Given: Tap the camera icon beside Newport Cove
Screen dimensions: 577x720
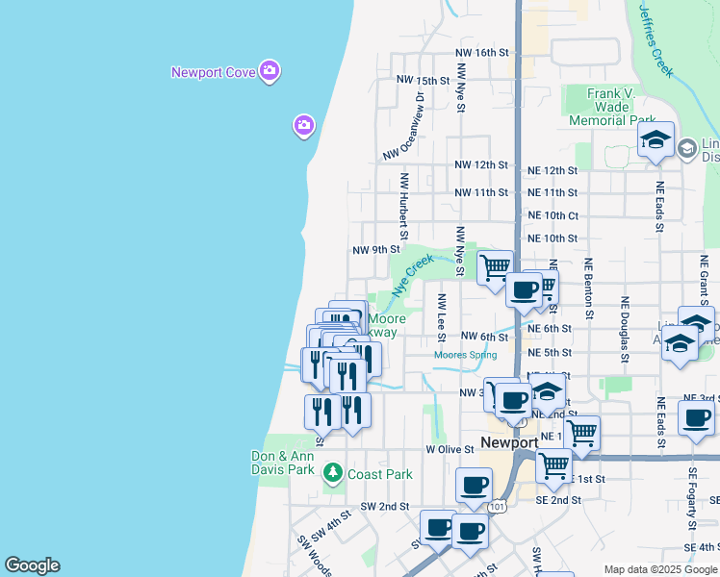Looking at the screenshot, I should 270,70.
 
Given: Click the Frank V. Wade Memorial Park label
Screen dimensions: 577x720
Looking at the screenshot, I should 612,107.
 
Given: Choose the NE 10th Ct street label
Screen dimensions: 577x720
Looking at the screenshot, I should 553,216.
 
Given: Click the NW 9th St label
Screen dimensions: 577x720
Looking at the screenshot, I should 375,250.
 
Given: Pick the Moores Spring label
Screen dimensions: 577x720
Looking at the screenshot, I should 465,356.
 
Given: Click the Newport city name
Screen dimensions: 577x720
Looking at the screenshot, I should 509,443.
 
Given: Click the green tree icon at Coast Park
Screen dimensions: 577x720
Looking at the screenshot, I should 333,472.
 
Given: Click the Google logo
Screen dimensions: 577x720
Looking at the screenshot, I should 32,565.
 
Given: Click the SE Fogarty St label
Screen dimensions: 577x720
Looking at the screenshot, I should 691,500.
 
